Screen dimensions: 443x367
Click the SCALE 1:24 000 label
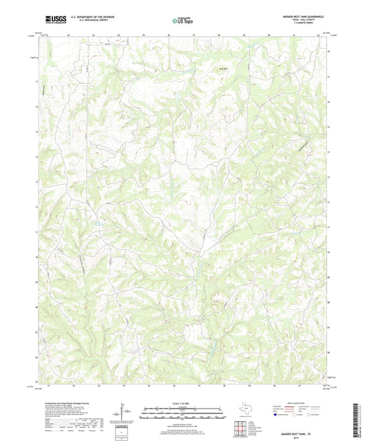tap(182, 403)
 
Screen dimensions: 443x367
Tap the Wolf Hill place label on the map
tap(222, 68)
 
